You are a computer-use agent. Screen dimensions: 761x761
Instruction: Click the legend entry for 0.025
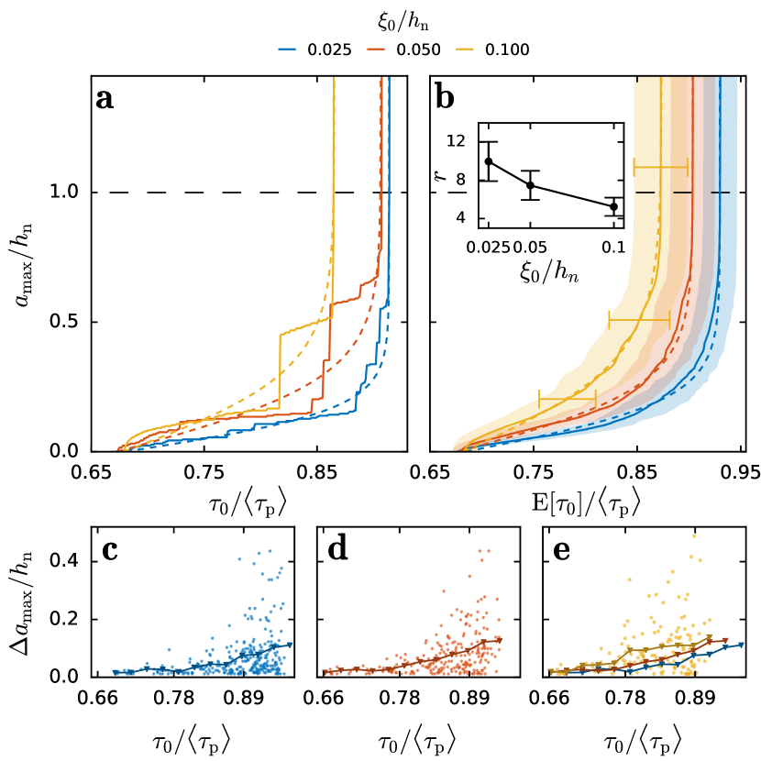[314, 50]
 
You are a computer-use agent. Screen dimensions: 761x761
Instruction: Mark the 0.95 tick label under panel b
[741, 473]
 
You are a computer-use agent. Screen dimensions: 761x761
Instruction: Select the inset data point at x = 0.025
[489, 161]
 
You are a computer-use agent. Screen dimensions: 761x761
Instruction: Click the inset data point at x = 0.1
[613, 207]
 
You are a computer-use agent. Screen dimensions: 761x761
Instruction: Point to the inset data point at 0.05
[530, 185]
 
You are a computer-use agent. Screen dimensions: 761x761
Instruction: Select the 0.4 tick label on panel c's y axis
[70, 561]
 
